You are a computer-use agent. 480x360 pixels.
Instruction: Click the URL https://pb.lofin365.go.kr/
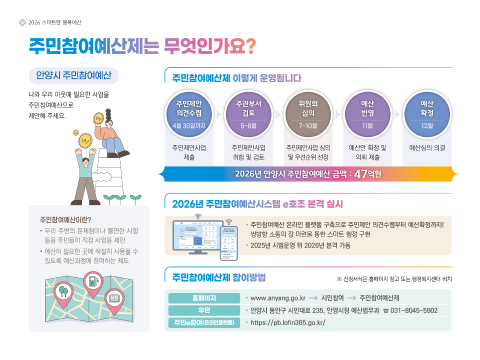coord(287,322)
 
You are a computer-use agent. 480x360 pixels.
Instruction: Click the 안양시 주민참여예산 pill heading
coord(73,75)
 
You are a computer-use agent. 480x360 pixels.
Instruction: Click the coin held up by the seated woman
coord(99,118)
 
